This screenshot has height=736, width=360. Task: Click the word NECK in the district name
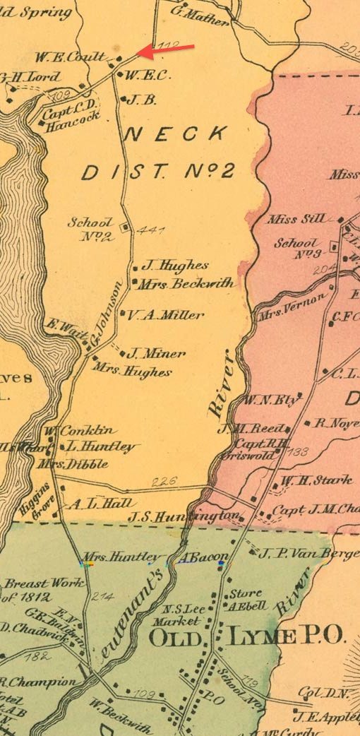pos(176,133)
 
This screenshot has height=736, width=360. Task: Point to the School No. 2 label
pos(90,229)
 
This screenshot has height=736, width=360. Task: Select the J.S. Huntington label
pos(184,517)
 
